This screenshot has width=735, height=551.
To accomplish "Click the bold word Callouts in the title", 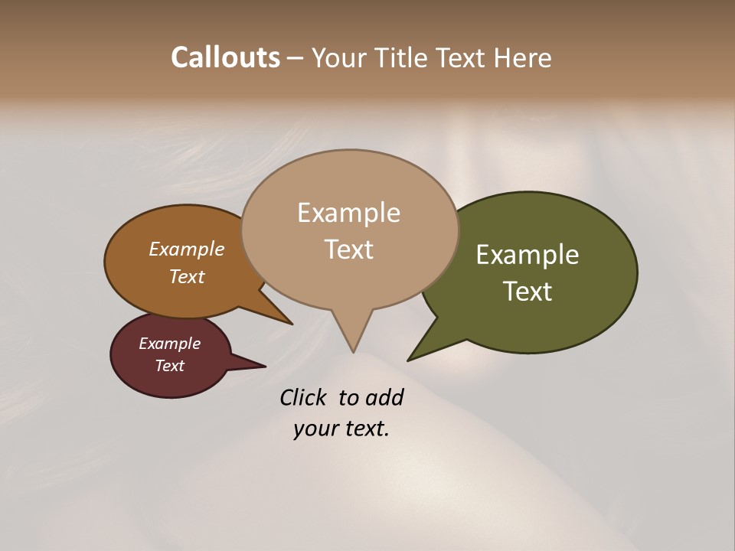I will (225, 57).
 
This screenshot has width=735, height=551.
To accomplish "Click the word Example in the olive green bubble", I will (528, 255).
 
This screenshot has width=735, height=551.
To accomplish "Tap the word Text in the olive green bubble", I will (528, 292).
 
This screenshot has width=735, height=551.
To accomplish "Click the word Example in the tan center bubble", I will (348, 213).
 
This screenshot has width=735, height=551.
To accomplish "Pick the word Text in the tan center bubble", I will (348, 249).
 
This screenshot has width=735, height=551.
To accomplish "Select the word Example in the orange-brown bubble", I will (187, 249).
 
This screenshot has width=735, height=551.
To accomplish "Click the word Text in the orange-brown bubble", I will (187, 276).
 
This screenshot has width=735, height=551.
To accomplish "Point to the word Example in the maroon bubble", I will (170, 344).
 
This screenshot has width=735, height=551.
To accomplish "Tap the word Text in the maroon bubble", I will (170, 366).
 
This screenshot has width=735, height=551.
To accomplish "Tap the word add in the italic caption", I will (384, 397).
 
